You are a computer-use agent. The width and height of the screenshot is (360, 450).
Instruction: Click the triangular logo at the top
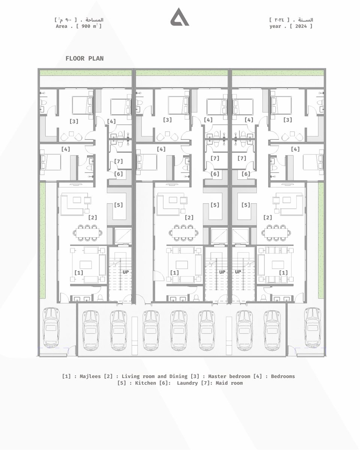180,17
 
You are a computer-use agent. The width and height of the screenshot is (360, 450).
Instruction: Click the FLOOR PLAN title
84,58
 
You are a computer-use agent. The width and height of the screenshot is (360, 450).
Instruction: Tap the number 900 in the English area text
86,26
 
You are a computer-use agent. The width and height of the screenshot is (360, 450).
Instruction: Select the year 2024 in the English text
301,26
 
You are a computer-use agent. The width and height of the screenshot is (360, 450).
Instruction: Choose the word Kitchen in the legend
145,383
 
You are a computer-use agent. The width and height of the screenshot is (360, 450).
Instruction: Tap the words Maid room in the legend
229,383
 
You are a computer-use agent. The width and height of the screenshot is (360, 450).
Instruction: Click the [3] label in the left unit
74,121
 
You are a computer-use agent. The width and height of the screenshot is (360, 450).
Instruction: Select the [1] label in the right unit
283,273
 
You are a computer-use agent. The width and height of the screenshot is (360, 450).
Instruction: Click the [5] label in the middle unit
215,205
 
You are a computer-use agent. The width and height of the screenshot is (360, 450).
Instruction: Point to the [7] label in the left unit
118,161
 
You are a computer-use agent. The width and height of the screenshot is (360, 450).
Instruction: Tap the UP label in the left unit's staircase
126,272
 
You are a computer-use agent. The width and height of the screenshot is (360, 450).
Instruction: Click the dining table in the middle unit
183,233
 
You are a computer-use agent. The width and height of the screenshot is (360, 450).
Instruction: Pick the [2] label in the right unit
267,217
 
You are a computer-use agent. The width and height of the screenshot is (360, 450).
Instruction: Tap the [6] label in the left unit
118,174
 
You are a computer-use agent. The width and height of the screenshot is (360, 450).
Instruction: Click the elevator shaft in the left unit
123,236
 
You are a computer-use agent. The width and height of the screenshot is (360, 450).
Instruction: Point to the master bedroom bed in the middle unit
178,105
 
